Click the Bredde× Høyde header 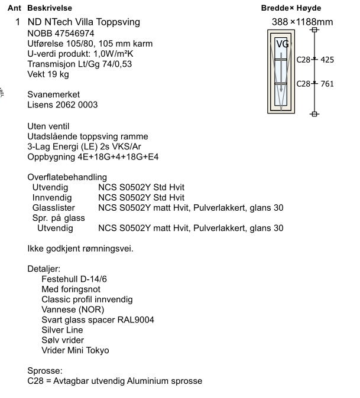click(x=291, y=8)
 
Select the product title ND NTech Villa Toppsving click(x=84, y=22)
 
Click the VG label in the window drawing click(x=283, y=44)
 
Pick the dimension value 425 click(x=327, y=60)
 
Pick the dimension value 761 click(x=327, y=83)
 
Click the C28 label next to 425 click(x=303, y=60)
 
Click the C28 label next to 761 click(x=303, y=83)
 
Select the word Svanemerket click(x=54, y=94)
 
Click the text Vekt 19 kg click(x=48, y=74)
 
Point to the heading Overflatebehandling click(x=67, y=177)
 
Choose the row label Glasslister click(x=54, y=208)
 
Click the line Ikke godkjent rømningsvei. click(x=80, y=249)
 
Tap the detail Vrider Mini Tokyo click(x=75, y=350)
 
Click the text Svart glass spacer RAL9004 click(x=98, y=320)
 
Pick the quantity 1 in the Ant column click(x=18, y=22)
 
